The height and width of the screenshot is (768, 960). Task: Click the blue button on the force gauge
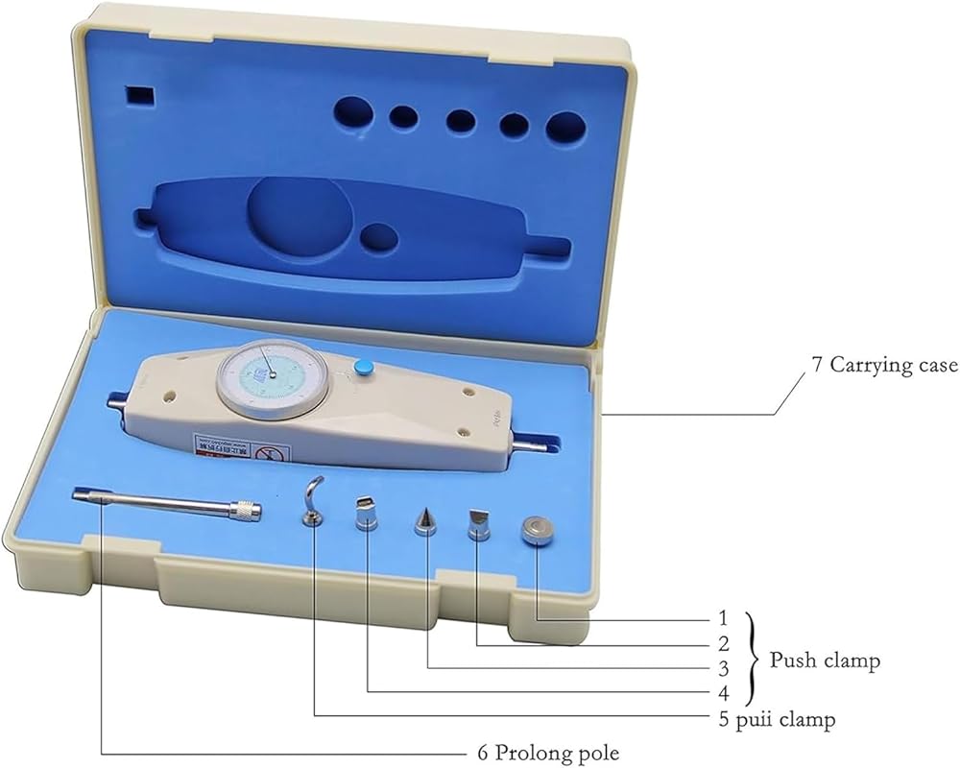(363, 367)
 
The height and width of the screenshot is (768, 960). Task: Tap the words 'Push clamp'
(825, 661)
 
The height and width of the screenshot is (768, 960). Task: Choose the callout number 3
(723, 668)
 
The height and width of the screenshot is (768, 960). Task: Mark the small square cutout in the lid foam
(140, 95)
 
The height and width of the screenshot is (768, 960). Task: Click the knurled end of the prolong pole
(249, 511)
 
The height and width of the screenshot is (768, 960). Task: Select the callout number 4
(723, 693)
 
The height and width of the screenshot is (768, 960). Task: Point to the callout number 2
(723, 642)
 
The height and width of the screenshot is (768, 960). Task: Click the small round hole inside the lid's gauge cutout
(380, 237)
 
